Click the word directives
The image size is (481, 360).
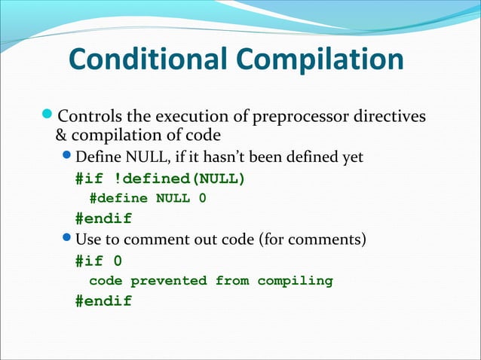point(388,117)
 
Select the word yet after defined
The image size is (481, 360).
point(351,157)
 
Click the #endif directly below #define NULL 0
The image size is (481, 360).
point(103,219)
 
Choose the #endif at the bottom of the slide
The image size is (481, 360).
point(103,301)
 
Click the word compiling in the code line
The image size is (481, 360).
point(295,281)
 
